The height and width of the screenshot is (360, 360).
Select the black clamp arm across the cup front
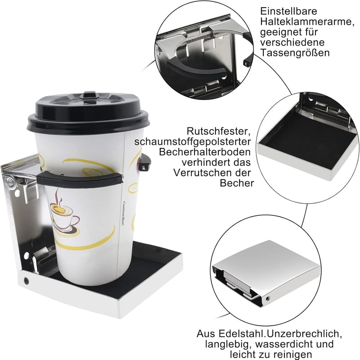point(80,179)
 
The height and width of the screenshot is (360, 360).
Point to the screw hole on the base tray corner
point(27,281)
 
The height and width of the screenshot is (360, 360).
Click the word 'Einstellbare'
point(288,11)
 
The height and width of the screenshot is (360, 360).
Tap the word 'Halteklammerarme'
point(306,22)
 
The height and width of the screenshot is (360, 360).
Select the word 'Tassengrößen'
point(295,53)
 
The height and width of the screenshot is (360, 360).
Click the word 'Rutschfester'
point(218,131)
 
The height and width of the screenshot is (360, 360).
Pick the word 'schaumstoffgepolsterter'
point(193,142)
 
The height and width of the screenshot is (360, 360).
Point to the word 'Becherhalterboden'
point(205,152)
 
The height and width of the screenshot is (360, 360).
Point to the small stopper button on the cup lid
point(90,95)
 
